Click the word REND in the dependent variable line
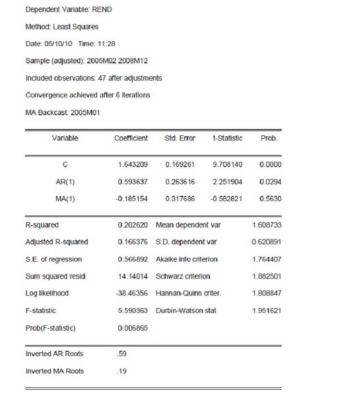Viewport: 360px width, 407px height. (104, 9)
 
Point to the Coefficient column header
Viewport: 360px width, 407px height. (131, 138)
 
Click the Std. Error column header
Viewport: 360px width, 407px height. (180, 138)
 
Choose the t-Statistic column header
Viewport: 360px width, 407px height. (228, 138)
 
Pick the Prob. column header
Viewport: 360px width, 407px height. (269, 138)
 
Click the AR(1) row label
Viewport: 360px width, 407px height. (65, 182)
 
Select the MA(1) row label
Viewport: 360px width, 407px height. (65, 199)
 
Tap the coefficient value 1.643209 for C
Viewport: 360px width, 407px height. (133, 165)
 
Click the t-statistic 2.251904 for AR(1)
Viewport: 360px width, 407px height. (228, 182)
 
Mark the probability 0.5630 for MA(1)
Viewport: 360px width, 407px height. (270, 199)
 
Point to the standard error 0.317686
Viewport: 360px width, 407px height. (180, 199)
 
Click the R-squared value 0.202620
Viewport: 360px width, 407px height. (133, 225)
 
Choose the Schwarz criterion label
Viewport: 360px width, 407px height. (183, 276)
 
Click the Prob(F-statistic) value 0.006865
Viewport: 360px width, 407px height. (133, 328)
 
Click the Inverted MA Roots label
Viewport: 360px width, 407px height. (55, 371)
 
